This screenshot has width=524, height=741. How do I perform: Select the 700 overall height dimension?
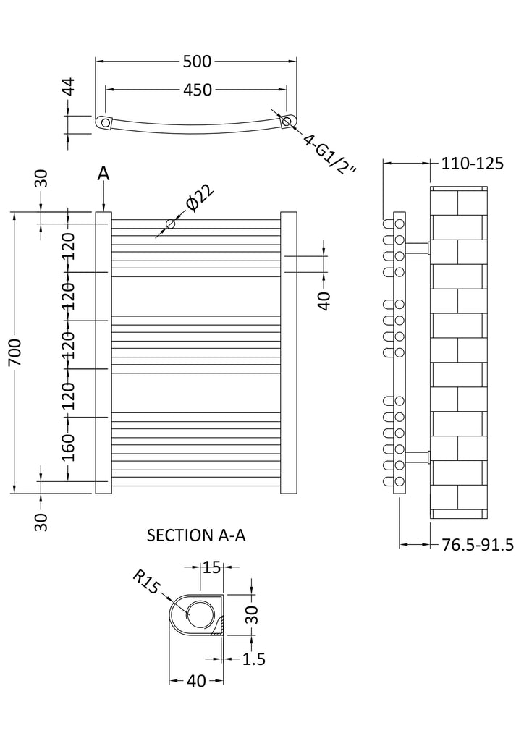23,352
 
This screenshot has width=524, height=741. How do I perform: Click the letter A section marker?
103,174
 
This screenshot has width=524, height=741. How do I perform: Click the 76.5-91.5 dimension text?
478,544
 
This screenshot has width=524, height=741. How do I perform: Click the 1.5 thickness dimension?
254,659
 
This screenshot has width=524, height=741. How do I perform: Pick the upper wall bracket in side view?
418,247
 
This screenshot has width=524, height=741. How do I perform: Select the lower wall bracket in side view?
418,456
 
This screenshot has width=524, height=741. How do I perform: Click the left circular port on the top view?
106,122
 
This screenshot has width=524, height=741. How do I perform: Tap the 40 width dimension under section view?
196,681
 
